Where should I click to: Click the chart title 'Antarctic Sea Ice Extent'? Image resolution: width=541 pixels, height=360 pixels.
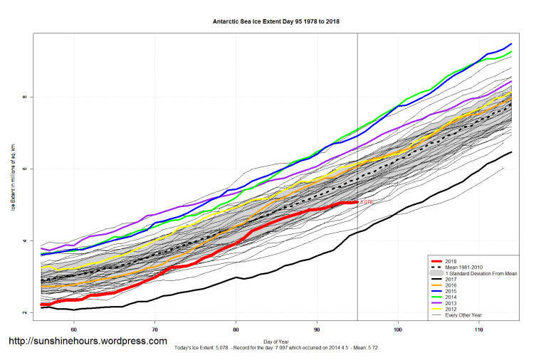276,21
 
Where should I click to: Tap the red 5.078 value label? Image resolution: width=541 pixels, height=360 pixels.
367,203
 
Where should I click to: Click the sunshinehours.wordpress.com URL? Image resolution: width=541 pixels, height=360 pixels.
88,342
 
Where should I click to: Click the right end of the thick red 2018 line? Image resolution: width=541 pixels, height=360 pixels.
357,203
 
